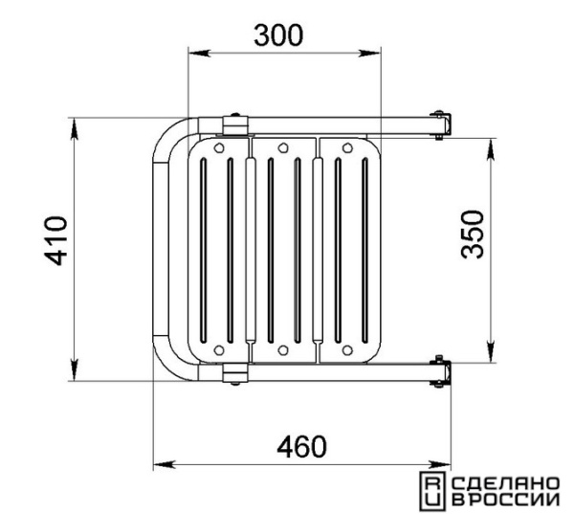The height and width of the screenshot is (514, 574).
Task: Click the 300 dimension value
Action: click(x=279, y=35)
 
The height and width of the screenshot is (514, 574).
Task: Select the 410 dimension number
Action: click(x=56, y=240)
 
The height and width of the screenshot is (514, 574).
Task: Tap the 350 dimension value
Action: click(x=473, y=235)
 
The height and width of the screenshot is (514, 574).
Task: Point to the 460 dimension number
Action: click(x=301, y=447)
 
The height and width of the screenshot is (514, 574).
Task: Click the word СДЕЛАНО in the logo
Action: click(x=506, y=483)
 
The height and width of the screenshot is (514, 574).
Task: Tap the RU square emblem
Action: click(x=432, y=491)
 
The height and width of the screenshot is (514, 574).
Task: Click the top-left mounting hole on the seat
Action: click(x=219, y=148)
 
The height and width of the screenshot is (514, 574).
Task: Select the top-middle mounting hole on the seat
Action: click(x=283, y=148)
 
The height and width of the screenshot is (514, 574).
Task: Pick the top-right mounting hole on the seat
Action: click(x=347, y=148)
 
